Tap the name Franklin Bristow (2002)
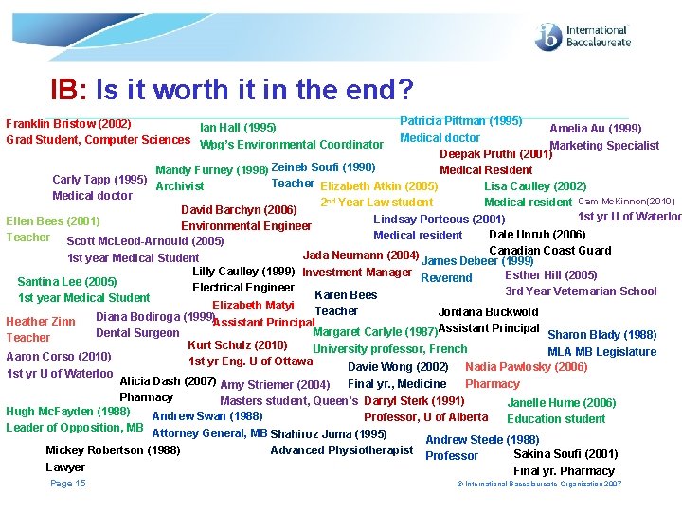coord(68,124)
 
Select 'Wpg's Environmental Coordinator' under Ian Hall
coord(292,145)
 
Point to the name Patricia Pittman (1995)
coord(461,121)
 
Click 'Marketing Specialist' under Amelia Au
coord(604,146)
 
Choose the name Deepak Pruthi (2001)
coord(496,154)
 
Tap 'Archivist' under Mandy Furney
coord(180,186)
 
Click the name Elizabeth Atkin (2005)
coord(379,186)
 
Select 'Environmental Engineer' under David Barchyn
coord(245,226)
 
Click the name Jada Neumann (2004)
coord(361,255)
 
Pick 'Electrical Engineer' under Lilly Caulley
coord(243,288)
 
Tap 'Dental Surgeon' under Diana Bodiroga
coord(137,333)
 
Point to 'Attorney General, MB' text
coord(209,433)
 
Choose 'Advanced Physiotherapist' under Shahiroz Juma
coord(342,450)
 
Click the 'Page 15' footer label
coord(67,484)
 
